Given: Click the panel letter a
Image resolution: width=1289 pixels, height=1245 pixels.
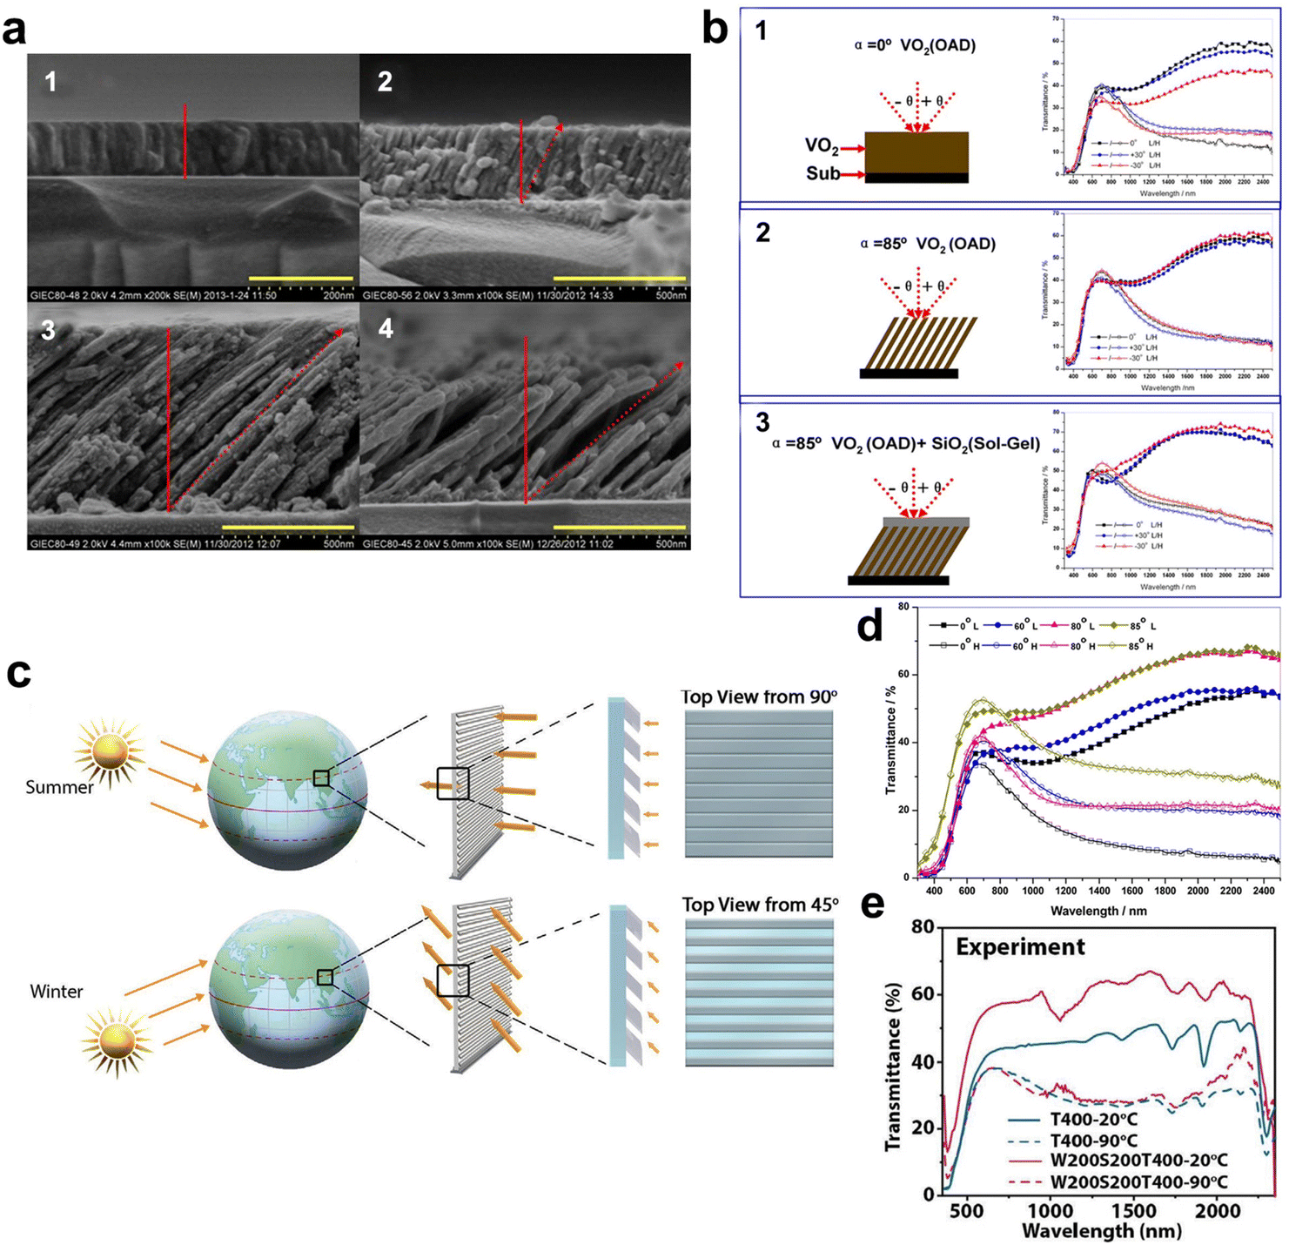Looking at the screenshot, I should point(15,30).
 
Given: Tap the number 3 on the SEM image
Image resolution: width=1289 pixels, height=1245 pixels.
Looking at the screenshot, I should point(49,331).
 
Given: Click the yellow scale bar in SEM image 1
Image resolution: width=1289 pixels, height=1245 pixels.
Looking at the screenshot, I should point(301,279).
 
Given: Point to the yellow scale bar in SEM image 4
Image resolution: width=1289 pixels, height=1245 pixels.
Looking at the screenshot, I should point(620,527).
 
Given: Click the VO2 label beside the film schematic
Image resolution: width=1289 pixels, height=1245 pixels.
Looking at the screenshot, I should point(822,147).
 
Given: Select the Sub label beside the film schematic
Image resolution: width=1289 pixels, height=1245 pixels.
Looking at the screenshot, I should point(822,173).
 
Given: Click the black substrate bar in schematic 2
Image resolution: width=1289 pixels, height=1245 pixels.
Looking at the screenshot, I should point(909,373).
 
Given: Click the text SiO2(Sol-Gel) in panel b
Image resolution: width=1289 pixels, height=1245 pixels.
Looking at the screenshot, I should point(988,444).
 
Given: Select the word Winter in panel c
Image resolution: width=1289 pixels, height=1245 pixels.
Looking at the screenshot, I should point(57,992).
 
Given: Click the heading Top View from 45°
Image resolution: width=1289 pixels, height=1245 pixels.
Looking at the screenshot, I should point(760,905).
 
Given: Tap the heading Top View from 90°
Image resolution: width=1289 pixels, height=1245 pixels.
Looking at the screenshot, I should point(759,697).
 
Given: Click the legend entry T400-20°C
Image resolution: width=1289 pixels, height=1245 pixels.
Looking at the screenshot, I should point(1093,1120).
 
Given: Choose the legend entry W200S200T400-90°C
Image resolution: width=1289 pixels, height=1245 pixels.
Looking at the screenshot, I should point(1138,1182).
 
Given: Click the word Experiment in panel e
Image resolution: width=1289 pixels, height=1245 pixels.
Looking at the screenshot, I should point(1020,947).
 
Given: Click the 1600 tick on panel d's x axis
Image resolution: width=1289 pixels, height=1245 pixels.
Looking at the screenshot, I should point(1131,892).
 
